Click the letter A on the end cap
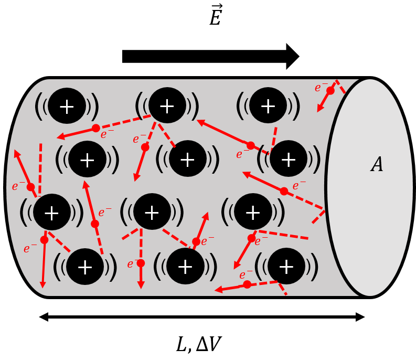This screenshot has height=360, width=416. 377,165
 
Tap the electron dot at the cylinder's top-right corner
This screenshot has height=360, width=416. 330,90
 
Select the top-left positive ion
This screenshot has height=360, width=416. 67,106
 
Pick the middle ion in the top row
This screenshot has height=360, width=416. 167,105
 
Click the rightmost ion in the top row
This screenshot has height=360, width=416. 268,105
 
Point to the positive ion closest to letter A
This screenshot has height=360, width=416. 288,158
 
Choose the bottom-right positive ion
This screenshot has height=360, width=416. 286,266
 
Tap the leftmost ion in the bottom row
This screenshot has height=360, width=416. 84,267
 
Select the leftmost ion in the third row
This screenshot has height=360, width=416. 51,212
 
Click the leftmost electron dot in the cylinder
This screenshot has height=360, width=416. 30,187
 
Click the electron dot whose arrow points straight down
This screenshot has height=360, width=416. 141,263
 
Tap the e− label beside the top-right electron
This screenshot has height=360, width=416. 321,88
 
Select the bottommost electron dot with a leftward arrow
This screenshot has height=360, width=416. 247,284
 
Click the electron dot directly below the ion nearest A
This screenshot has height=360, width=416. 284,191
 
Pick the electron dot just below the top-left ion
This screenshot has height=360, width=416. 96,128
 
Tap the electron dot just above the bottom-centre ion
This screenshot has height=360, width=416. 196,241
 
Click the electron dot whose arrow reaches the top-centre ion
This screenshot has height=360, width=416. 251,145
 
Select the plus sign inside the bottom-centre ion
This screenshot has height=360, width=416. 185,267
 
